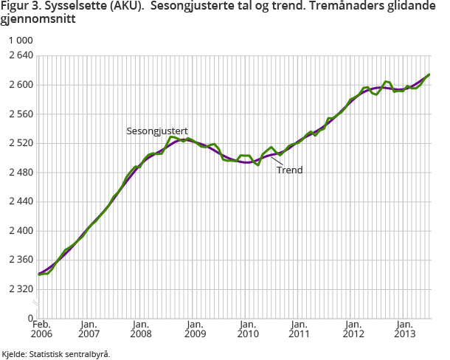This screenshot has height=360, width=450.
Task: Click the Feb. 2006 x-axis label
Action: (x=41, y=329)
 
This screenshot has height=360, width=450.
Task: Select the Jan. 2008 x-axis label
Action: (x=141, y=329)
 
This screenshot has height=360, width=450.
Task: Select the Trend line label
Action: (x=290, y=170)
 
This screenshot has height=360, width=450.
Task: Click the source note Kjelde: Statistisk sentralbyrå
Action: (x=56, y=354)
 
